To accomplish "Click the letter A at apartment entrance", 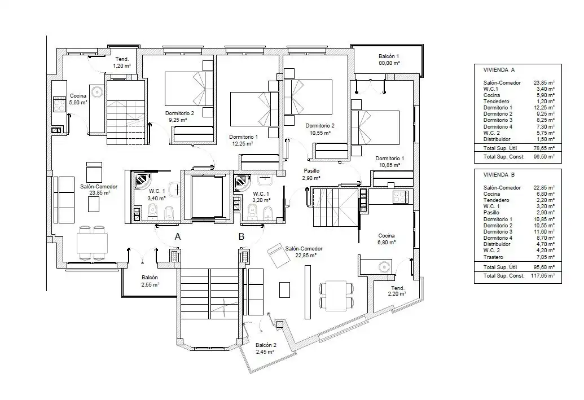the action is pos(178,236).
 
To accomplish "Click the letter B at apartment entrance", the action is pos(241,236).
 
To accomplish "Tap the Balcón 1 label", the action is pos(389,60).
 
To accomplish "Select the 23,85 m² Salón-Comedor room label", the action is pos(99,190).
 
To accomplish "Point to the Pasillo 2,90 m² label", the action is pos(311,174).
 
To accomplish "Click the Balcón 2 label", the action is pos(266,348).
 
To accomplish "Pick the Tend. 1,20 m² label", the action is pos(122,62).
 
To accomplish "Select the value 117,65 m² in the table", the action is pos(542,276).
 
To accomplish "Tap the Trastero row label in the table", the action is pos(493,257).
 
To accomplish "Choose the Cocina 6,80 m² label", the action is pos(387,239).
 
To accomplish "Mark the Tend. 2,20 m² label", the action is pos(397,291).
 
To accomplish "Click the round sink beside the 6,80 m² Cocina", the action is pos(384,267).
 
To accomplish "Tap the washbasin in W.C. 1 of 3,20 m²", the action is pos(265,182).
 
